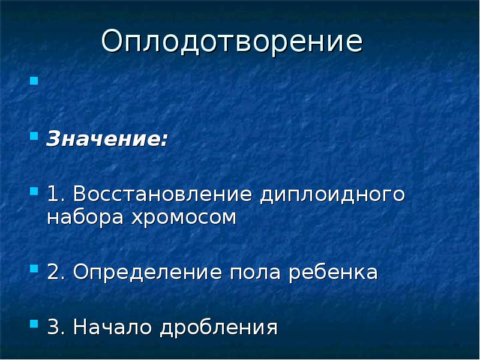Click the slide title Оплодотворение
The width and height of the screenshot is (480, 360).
[x=232, y=43]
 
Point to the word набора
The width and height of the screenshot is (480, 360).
[x=83, y=217]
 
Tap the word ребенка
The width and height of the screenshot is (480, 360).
[x=333, y=272]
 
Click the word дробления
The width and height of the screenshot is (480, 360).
[x=218, y=328]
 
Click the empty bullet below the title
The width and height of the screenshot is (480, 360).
[x=34, y=80]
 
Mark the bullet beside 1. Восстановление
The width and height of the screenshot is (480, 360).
[x=34, y=190]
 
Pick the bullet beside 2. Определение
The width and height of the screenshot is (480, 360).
[x=34, y=268]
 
